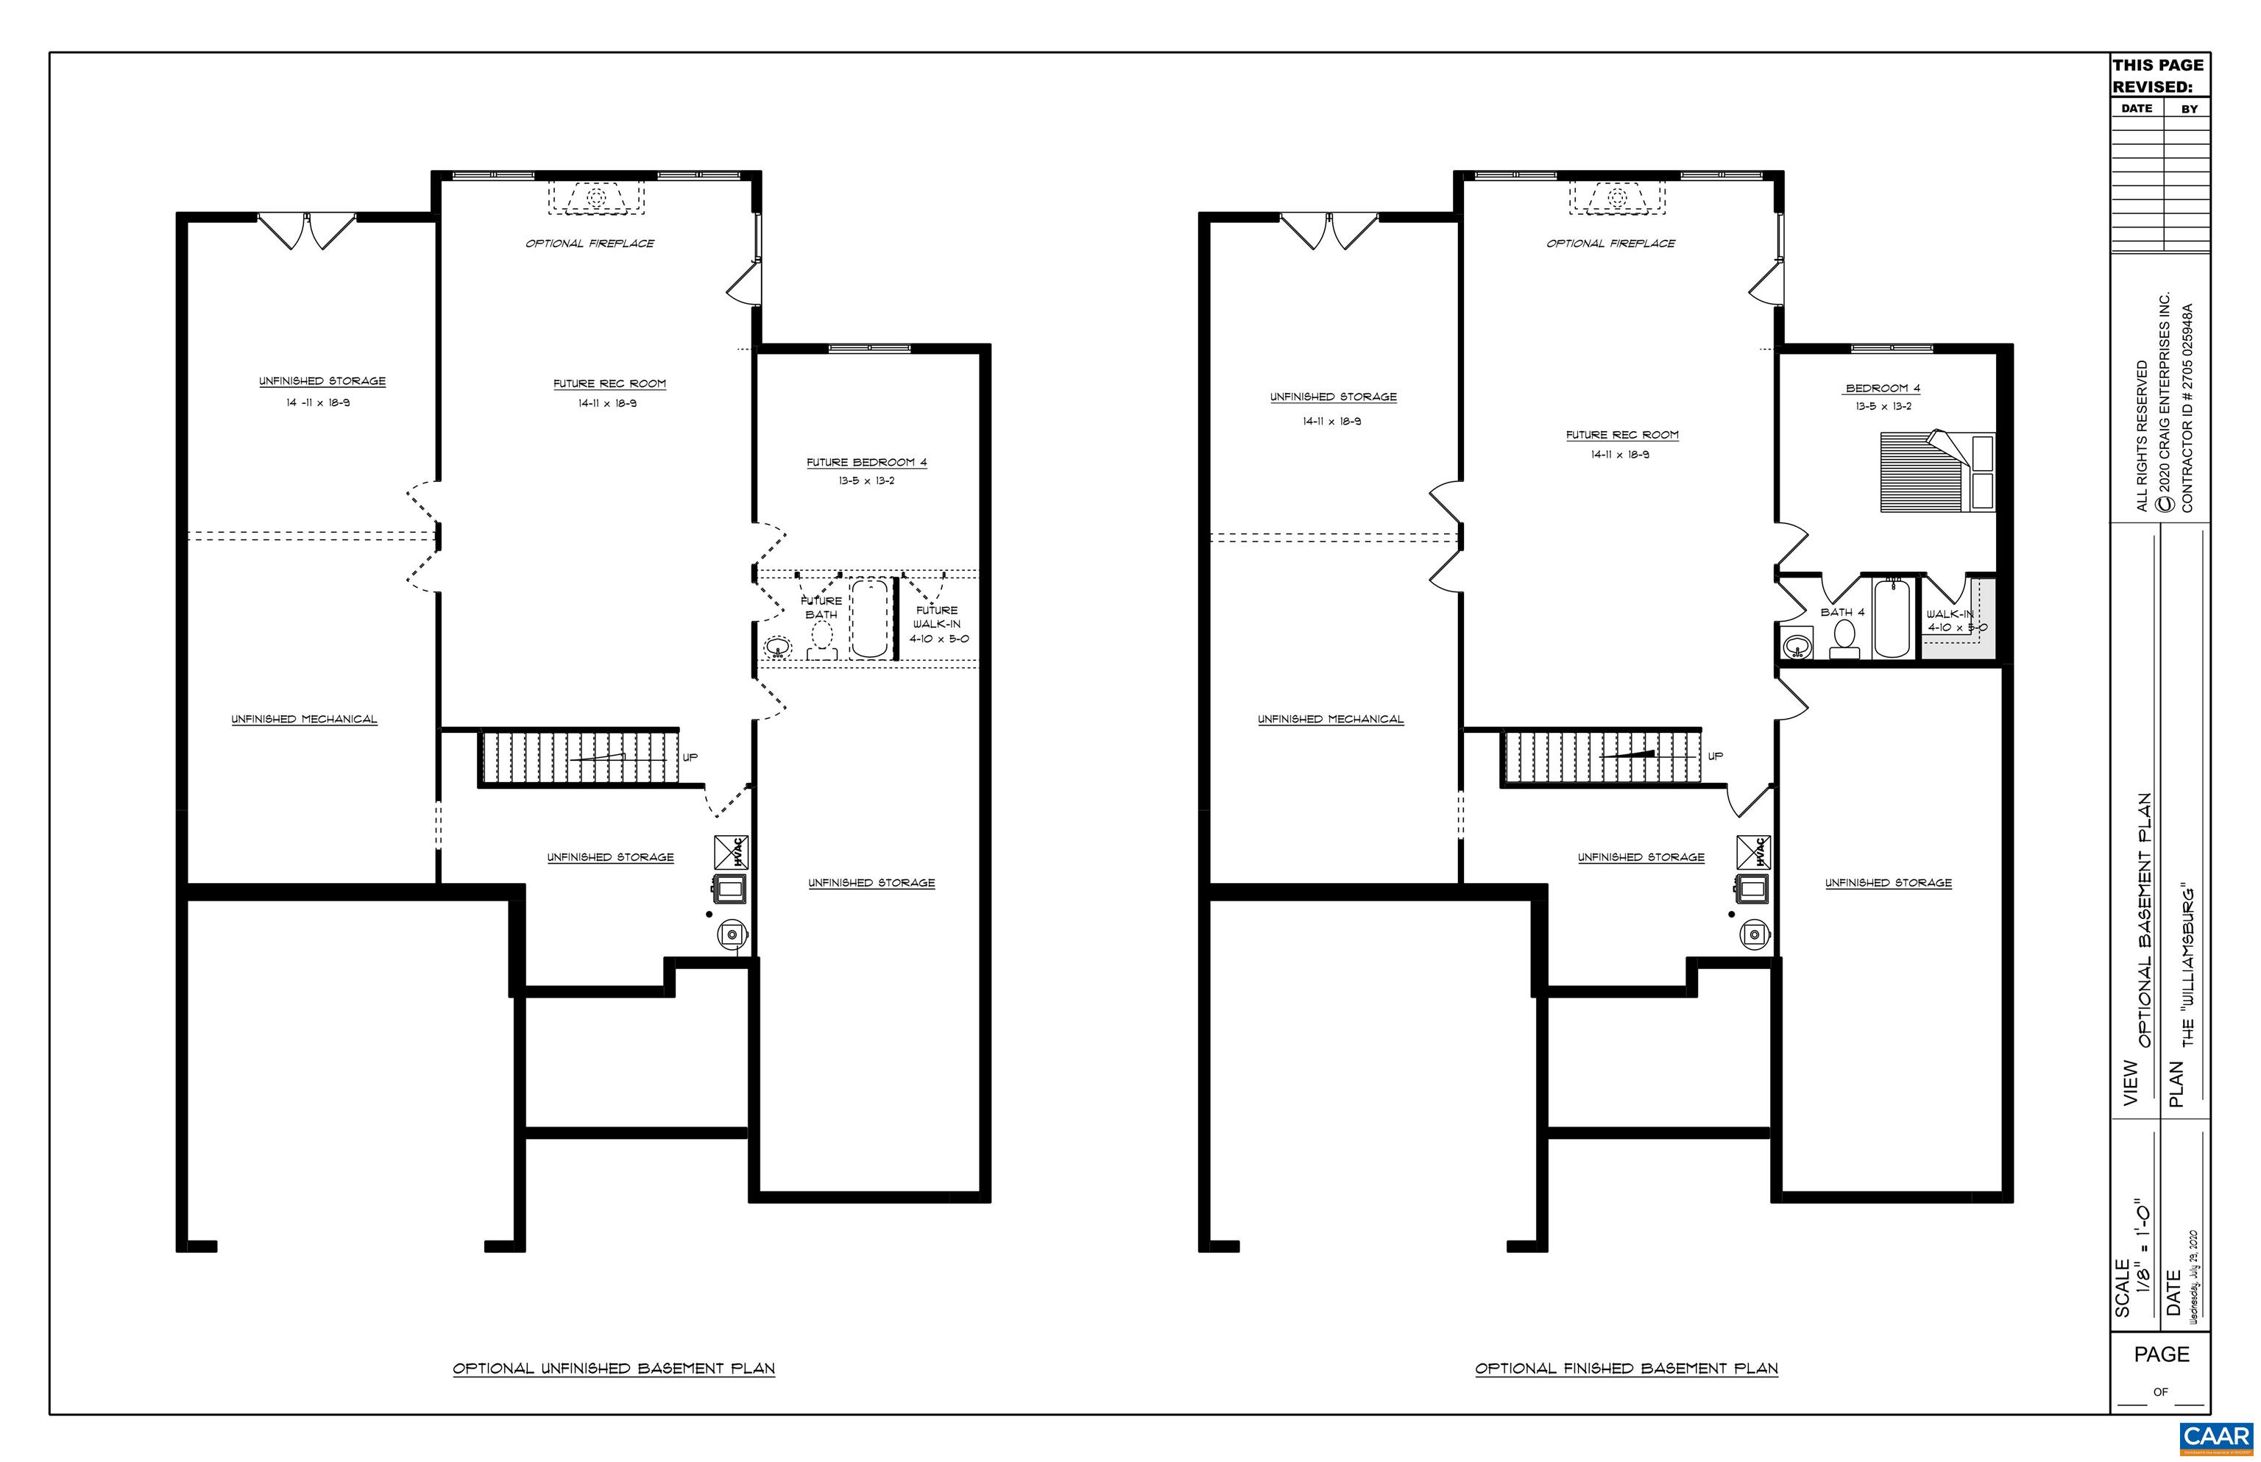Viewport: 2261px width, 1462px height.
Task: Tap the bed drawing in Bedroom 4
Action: click(1936, 472)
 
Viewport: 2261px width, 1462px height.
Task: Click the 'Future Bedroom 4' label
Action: click(866, 462)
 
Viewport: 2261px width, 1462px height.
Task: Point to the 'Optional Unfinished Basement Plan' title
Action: click(613, 1368)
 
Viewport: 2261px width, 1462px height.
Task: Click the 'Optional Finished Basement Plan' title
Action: click(1626, 1368)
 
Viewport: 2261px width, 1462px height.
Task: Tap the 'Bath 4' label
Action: click(1841, 612)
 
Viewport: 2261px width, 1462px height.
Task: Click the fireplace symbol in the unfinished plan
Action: click(596, 197)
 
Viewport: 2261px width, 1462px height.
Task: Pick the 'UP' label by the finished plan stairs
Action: click(1715, 756)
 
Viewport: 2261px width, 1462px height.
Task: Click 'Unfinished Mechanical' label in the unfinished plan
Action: click(304, 719)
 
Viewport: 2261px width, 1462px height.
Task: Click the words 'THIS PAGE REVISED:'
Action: click(2157, 76)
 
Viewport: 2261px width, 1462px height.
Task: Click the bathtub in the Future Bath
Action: click(869, 619)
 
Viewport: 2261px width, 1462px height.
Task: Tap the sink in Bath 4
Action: click(1796, 647)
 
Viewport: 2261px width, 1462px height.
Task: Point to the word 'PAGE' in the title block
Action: click(2162, 1355)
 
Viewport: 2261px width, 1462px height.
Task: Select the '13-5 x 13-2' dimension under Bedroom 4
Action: click(1883, 406)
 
